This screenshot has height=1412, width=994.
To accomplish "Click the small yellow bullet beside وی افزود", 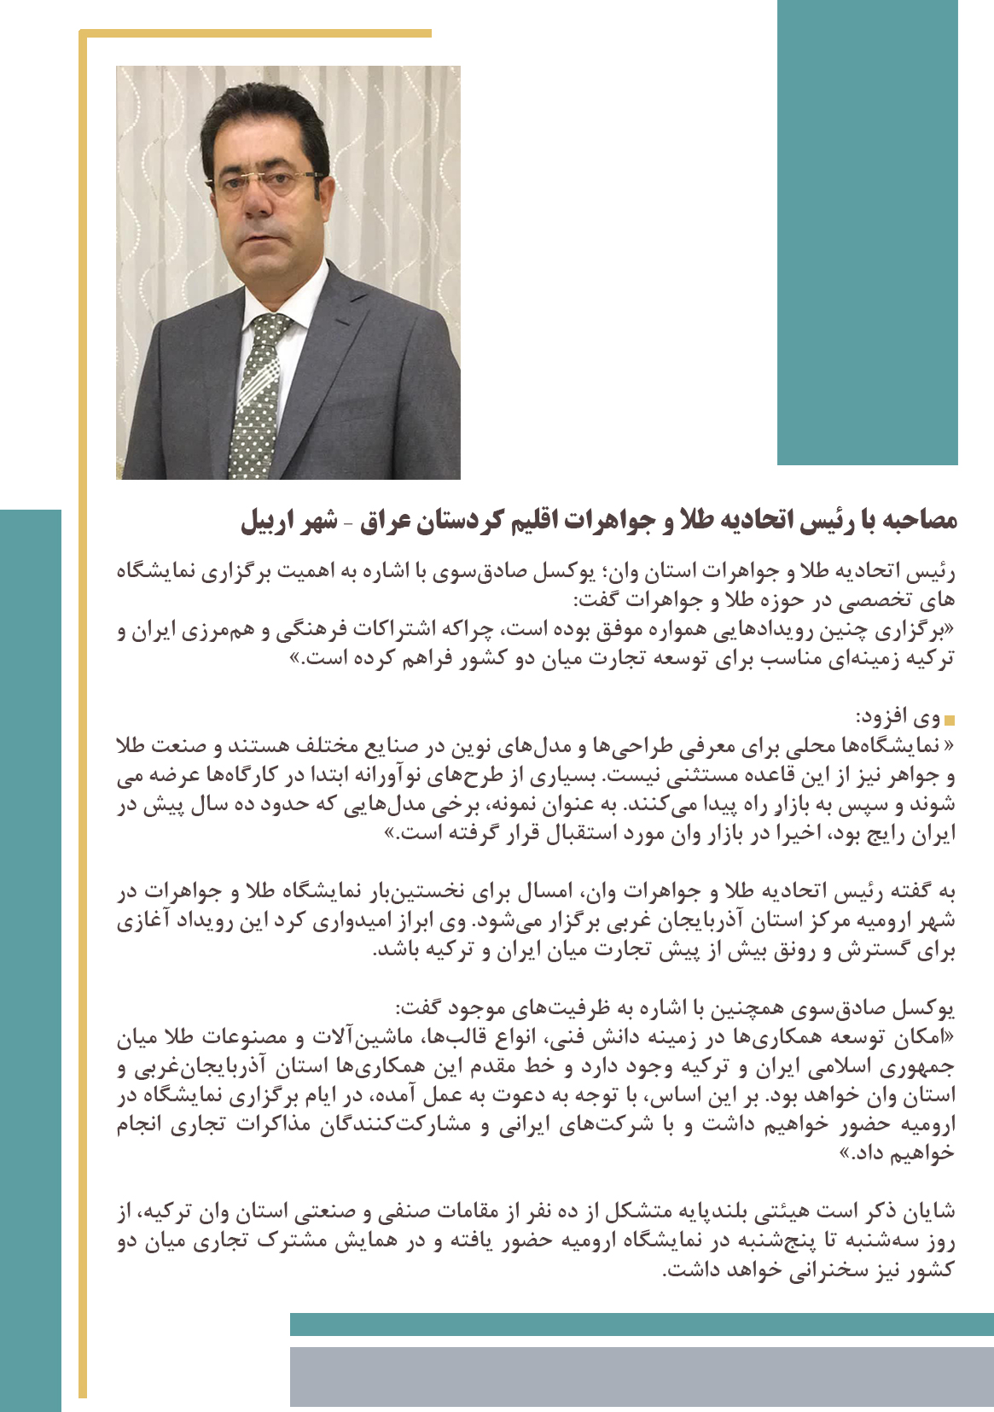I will coord(950,720).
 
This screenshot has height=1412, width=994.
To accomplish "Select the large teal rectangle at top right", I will coord(867,232).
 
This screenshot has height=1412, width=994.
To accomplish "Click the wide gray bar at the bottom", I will coord(641,1376).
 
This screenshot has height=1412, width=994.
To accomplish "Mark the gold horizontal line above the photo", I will coord(256,34).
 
